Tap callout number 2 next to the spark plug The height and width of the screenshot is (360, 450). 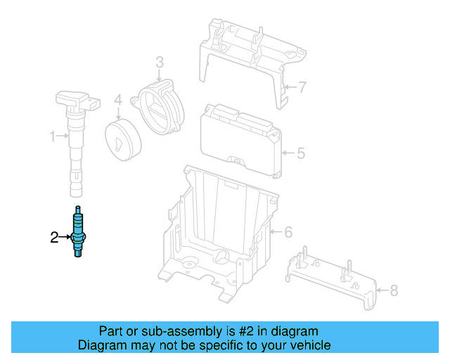pyautogui.click(x=54, y=238)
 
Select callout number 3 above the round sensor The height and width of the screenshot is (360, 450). pyautogui.click(x=160, y=63)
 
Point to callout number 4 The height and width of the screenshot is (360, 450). pyautogui.click(x=118, y=100)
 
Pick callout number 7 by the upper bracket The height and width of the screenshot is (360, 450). pyautogui.click(x=302, y=87)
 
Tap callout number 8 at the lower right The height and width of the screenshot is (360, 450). pyautogui.click(x=393, y=289)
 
